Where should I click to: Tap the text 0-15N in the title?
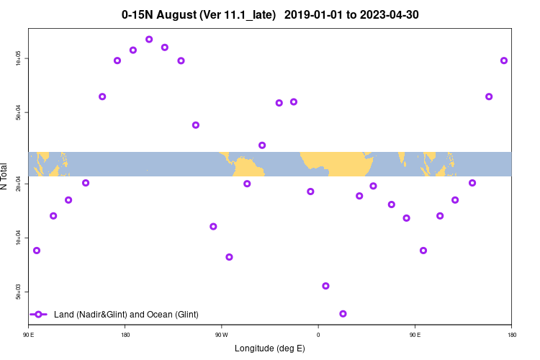click(x=136, y=14)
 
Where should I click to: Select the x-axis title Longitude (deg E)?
click(x=270, y=348)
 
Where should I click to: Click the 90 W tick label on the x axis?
click(x=221, y=335)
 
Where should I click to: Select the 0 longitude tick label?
click(x=318, y=335)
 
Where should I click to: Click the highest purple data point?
click(x=149, y=40)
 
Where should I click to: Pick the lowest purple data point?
click(x=343, y=314)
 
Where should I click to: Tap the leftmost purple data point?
click(x=37, y=251)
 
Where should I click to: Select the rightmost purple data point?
click(x=504, y=60)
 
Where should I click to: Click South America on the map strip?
click(x=248, y=167)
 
